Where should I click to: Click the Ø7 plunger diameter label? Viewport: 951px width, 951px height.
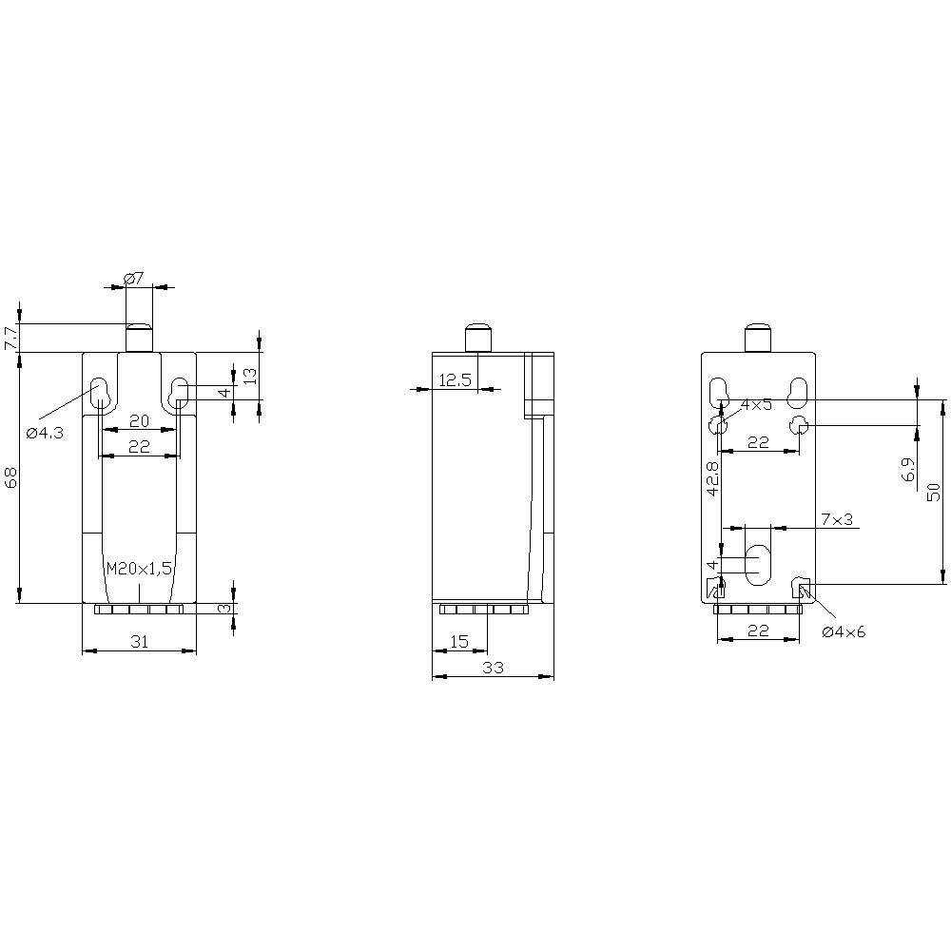tap(134, 278)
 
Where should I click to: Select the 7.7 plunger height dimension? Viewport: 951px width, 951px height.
tap(10, 338)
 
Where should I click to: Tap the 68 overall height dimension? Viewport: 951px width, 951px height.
tap(10, 477)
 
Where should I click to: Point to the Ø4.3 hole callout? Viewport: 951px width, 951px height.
tap(45, 433)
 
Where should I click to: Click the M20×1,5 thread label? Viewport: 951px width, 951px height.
tap(139, 569)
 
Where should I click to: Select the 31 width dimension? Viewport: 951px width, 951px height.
tap(139, 642)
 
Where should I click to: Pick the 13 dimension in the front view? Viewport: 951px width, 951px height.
tap(249, 376)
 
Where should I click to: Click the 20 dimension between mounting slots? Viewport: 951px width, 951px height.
tap(139, 421)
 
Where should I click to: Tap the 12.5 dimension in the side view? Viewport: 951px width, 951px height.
tap(455, 380)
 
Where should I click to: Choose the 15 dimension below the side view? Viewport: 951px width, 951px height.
tap(458, 642)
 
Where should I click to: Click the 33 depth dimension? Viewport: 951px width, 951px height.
tap(492, 668)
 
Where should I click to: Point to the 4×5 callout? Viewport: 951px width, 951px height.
tap(756, 404)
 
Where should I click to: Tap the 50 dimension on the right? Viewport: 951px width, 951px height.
tap(934, 491)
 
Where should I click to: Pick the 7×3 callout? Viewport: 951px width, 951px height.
tap(837, 518)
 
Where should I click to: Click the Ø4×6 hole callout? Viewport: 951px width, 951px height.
tap(844, 631)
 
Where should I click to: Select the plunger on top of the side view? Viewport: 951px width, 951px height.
tap(477, 338)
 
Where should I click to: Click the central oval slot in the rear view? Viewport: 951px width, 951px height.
tap(758, 565)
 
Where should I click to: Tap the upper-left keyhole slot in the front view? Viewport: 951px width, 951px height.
tap(99, 392)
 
